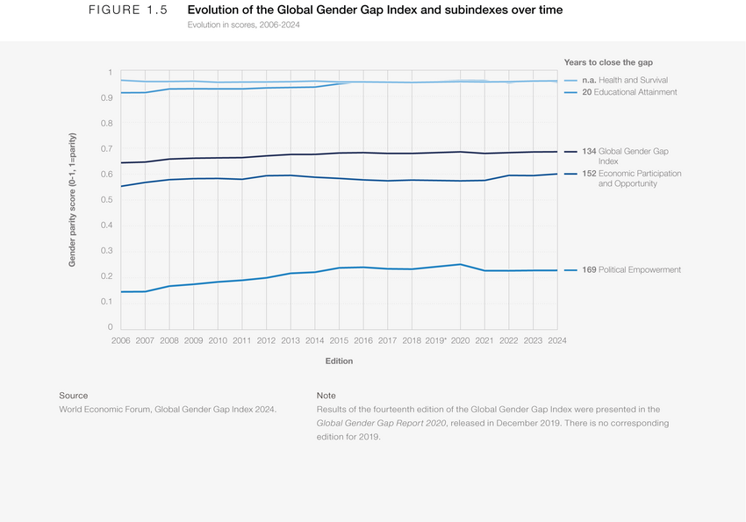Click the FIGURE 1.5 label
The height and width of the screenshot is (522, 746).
point(127,11)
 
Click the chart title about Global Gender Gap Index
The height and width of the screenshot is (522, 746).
point(375,11)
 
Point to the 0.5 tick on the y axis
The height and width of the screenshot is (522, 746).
point(107,200)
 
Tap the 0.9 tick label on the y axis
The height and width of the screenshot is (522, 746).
point(107,98)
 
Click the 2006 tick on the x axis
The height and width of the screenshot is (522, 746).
point(121,340)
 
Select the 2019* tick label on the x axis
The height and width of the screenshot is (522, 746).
point(435,340)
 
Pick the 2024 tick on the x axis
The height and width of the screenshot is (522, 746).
point(556,340)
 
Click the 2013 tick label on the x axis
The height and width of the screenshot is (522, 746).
point(291,340)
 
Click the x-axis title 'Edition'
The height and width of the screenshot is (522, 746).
point(339,361)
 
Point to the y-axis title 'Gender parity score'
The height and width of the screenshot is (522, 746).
point(73,200)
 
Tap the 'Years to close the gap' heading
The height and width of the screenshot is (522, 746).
point(608,61)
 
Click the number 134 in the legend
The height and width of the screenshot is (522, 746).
point(589,152)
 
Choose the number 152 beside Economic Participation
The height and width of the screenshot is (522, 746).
point(589,174)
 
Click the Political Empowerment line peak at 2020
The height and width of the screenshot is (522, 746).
point(460,264)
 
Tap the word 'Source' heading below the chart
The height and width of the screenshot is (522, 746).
point(73,396)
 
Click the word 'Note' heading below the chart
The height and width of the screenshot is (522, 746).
point(326,396)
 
